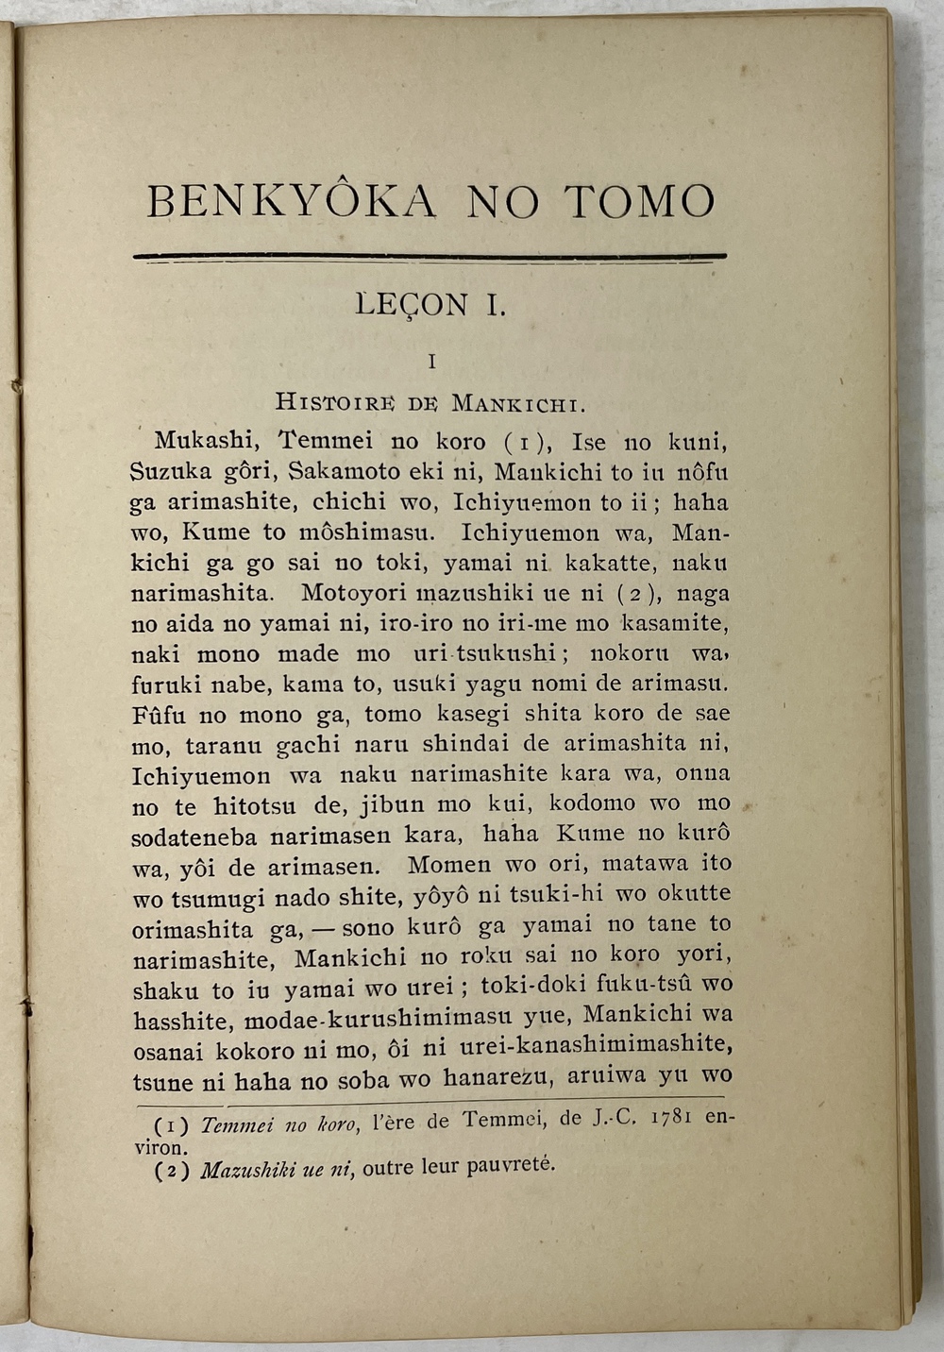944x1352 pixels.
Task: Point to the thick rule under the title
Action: tap(430, 256)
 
